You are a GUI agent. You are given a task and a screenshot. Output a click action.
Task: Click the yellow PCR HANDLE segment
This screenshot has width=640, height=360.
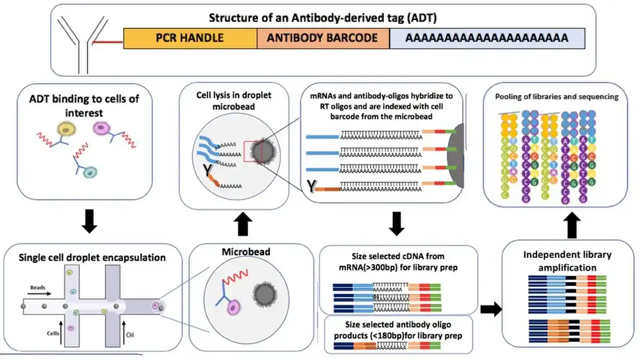coord(190,38)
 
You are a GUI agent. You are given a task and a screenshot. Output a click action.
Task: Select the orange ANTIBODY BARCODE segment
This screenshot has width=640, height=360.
coord(323,38)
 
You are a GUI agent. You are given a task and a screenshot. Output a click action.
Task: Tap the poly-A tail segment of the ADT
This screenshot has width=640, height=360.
coord(487,38)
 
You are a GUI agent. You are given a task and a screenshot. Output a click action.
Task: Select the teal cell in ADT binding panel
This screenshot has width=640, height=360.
coord(93,171)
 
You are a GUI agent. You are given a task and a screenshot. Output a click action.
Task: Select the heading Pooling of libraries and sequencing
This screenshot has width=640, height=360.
coord(557,97)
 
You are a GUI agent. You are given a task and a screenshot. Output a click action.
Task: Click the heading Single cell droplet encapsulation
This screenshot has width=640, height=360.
coord(92,257)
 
